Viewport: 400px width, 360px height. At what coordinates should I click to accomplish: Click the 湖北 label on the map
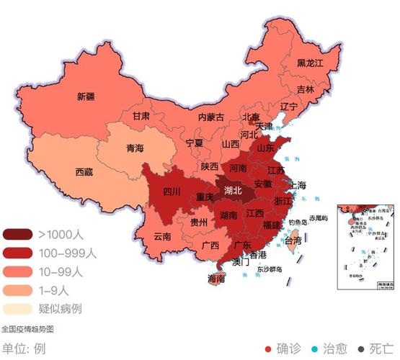(x=233, y=191)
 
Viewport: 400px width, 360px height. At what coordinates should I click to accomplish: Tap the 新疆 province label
(x=86, y=96)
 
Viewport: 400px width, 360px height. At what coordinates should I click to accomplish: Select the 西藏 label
(x=84, y=172)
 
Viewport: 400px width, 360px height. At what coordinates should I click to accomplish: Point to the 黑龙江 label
(x=311, y=63)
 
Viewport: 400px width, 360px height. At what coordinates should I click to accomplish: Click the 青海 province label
(x=135, y=148)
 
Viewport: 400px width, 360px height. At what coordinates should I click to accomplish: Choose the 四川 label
(x=171, y=192)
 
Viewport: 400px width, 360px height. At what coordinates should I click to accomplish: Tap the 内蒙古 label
(x=210, y=117)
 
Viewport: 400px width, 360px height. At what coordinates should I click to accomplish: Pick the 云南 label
(x=163, y=236)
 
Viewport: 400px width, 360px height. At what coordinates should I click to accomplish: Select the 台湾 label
(x=293, y=241)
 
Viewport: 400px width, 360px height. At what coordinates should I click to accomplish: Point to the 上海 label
(x=297, y=185)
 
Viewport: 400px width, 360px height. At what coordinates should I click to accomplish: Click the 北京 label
(x=250, y=117)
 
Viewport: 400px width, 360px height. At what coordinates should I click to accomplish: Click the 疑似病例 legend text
(x=61, y=310)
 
